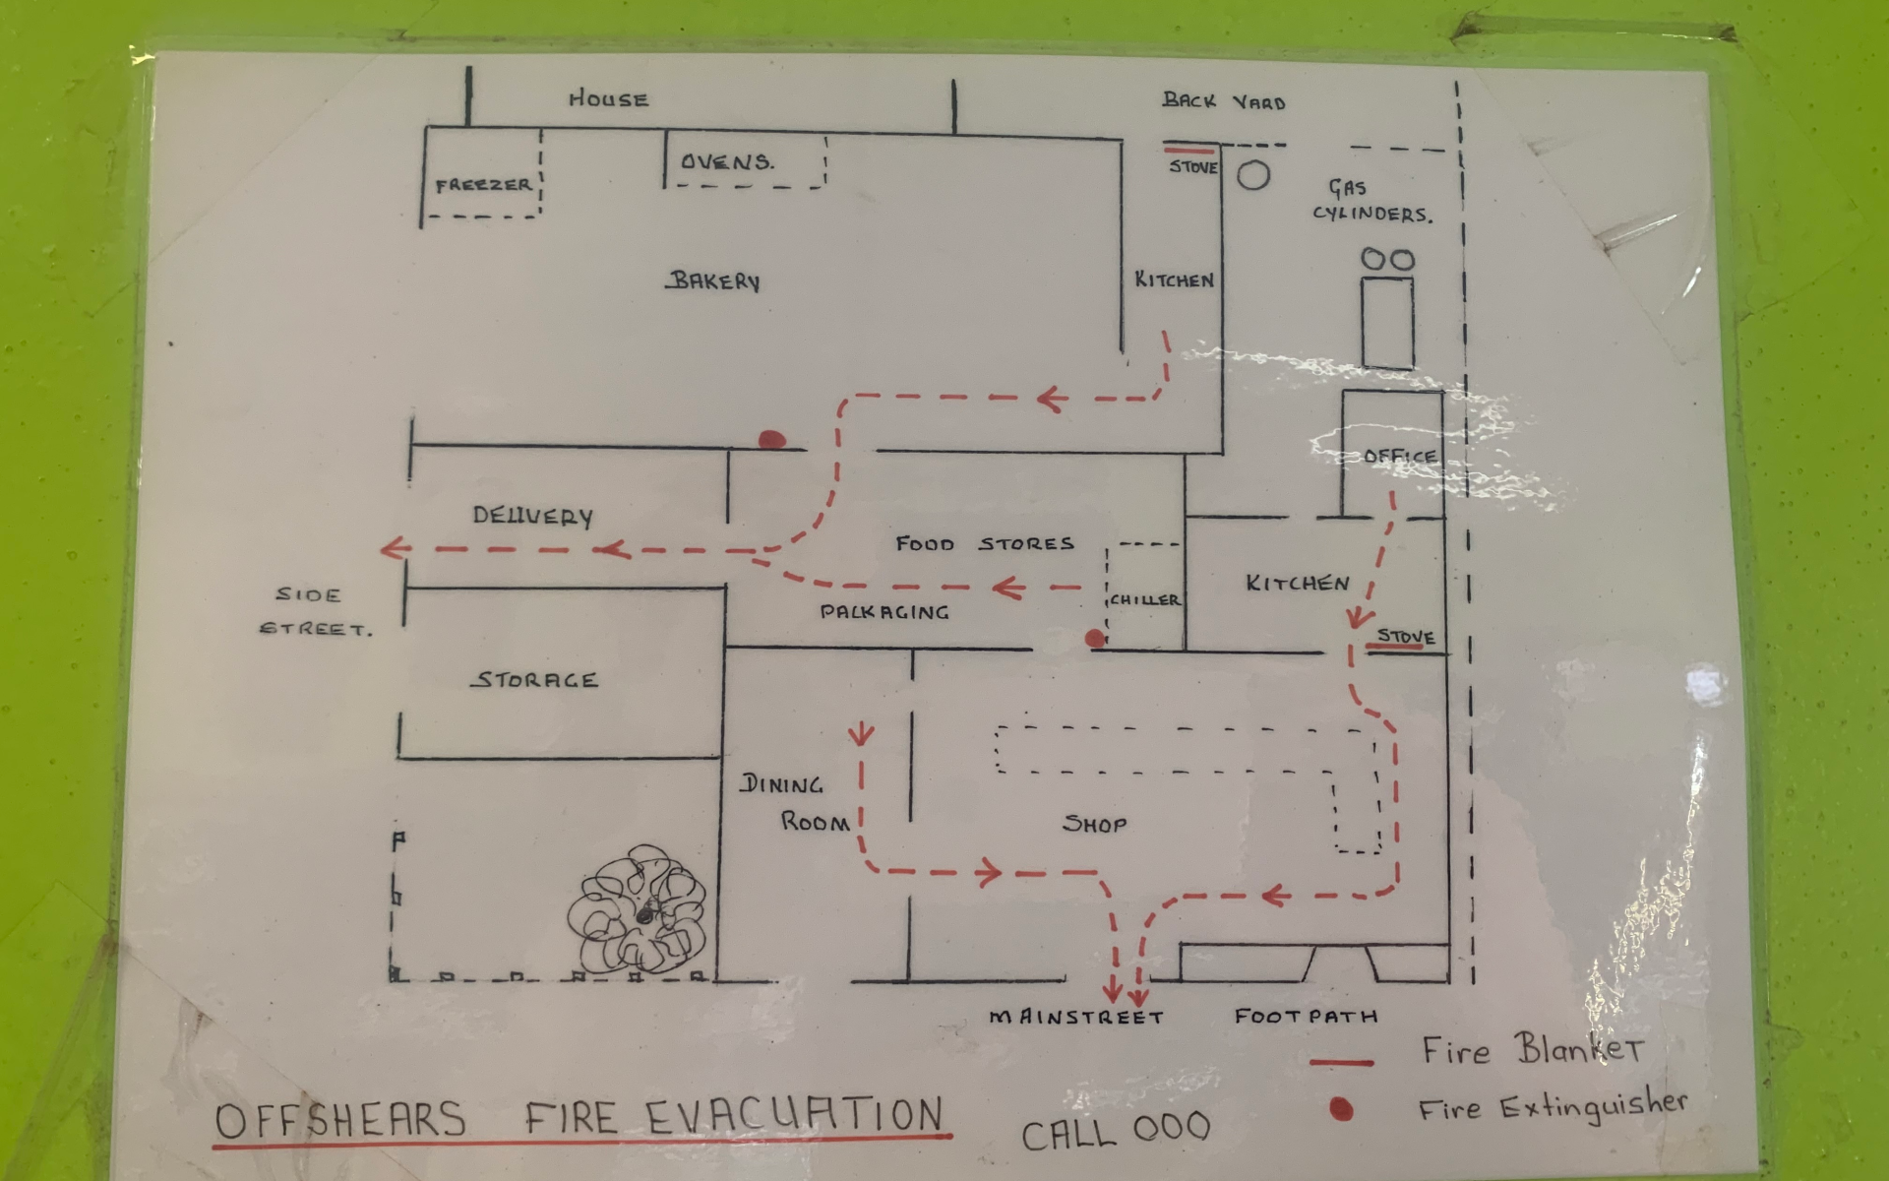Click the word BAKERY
tap(714, 281)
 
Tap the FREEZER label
tap(483, 185)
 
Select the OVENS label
tap(727, 161)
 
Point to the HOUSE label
tap(608, 99)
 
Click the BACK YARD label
tap(1223, 101)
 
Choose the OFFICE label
tap(1400, 456)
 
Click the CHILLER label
tap(1144, 599)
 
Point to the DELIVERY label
tap(532, 517)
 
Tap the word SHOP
tap(1094, 824)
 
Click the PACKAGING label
tap(884, 612)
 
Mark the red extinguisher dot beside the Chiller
tap(1094, 639)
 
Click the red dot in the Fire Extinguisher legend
tap(1340, 1110)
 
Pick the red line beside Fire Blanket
tap(1340, 1063)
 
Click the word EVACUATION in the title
tap(794, 1117)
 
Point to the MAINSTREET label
tap(1075, 1017)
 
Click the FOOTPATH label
tap(1306, 1016)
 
